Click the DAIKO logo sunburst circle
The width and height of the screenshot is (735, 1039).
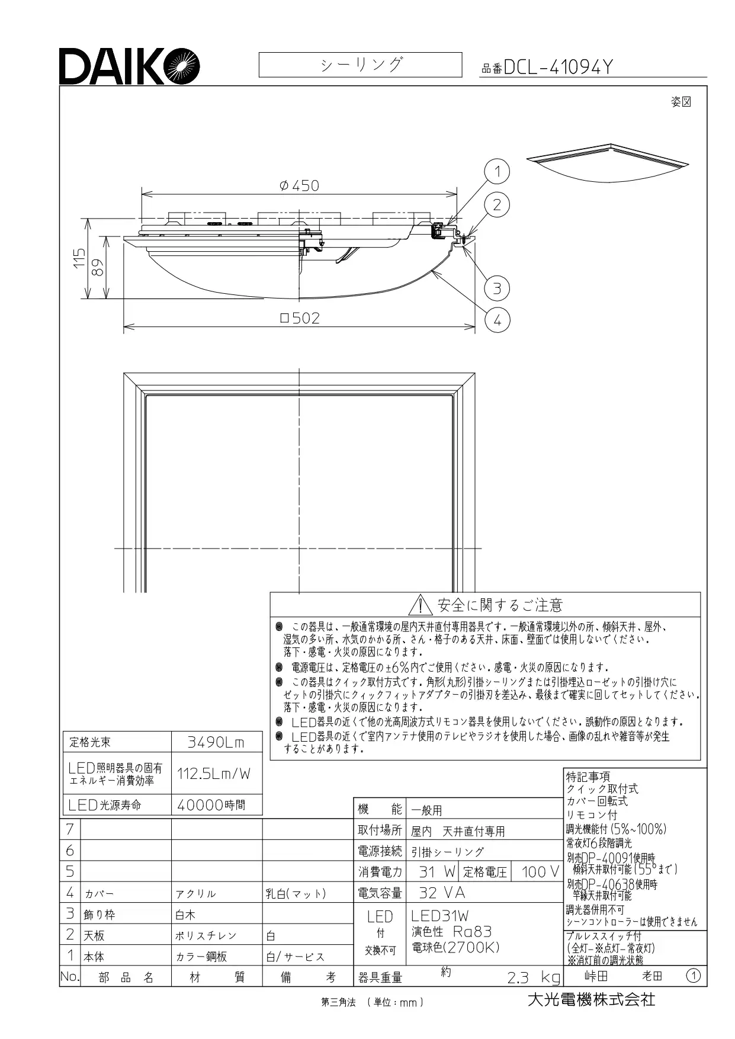[182, 66]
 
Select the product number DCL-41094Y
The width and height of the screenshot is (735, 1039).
[557, 68]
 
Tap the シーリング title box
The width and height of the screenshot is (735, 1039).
[360, 65]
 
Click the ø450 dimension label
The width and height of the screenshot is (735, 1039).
[299, 185]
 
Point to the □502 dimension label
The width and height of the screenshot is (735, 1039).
[300, 318]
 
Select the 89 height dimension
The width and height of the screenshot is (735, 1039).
[98, 268]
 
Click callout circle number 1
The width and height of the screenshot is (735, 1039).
[497, 172]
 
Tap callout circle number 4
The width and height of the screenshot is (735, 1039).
[497, 320]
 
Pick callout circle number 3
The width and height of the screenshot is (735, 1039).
[497, 288]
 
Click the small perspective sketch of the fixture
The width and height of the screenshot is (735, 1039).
[608, 163]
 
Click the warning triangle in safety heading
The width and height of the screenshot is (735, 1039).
[420, 605]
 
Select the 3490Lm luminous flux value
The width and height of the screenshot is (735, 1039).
[216, 742]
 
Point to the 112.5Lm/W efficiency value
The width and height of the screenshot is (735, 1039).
[214, 773]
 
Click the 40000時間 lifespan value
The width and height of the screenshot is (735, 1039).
[211, 805]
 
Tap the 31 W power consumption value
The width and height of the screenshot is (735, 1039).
[436, 872]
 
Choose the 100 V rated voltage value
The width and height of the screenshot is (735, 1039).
[540, 872]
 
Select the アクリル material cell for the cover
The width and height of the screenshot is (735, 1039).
[195, 894]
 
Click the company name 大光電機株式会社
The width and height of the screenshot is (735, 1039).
[591, 999]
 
